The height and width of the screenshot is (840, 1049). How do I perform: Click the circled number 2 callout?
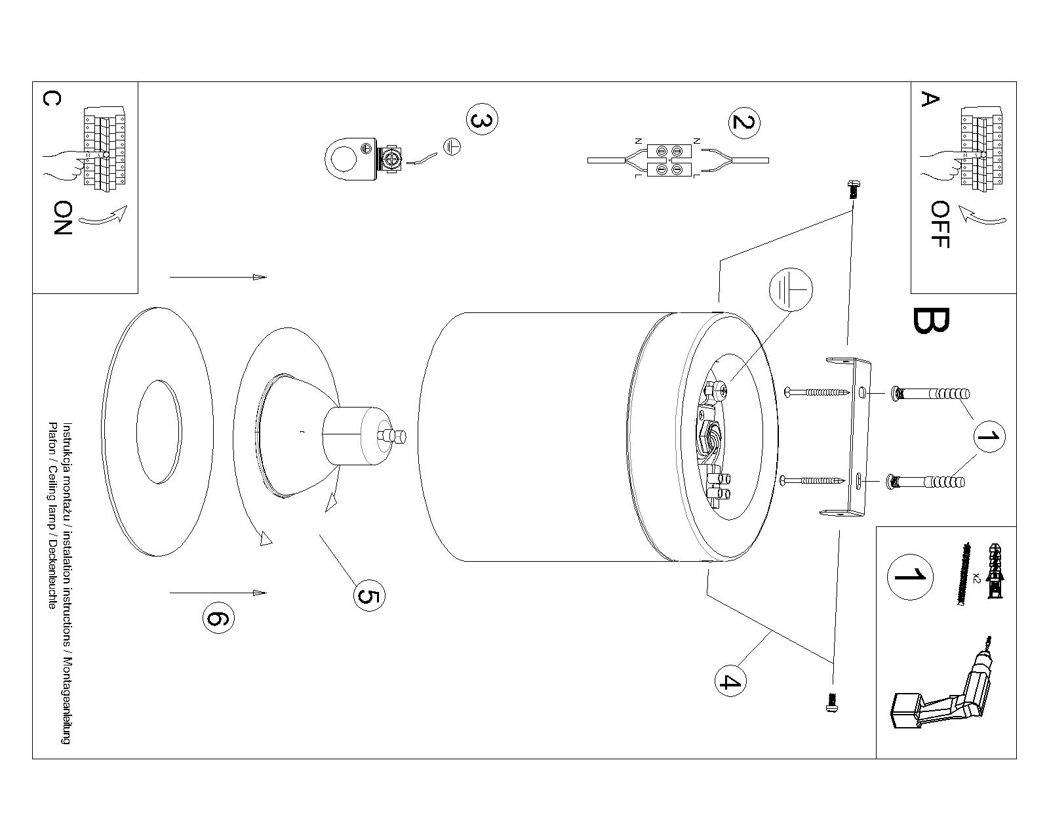[x=744, y=123]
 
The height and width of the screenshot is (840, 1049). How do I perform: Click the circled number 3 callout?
[x=482, y=119]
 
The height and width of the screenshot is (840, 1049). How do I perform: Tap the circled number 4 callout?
[x=730, y=681]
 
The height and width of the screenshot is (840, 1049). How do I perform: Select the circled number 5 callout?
[x=369, y=596]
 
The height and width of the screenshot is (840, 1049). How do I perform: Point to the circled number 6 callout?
[x=218, y=618]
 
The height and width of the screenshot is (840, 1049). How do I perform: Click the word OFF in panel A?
[x=940, y=224]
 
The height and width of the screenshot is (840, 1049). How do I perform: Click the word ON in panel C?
[x=62, y=218]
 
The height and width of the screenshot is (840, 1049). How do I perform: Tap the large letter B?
[x=930, y=321]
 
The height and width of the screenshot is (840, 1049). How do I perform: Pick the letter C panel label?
[x=52, y=99]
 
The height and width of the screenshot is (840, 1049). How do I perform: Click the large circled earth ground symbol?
[x=791, y=289]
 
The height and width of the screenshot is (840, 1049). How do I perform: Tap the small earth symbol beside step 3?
[x=452, y=147]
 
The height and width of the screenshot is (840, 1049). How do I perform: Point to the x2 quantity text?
[x=974, y=578]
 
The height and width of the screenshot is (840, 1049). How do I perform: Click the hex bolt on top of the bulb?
[x=392, y=436]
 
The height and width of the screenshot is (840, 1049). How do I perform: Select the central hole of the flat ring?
[x=159, y=432]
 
